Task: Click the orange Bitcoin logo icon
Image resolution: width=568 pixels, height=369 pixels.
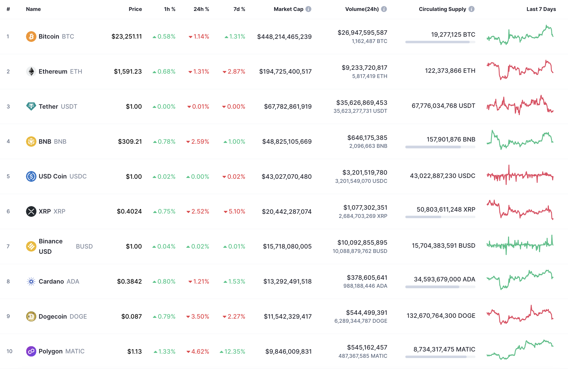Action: (31, 36)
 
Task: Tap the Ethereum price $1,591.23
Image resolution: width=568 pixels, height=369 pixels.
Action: (128, 71)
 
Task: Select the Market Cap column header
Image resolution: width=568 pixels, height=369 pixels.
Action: (288, 9)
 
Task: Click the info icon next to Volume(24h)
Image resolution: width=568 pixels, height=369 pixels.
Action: (384, 9)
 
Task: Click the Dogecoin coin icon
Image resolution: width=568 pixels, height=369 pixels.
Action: (31, 316)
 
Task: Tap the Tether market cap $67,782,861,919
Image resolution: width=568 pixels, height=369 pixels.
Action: (288, 106)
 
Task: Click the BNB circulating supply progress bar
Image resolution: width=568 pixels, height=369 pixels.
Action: (440, 147)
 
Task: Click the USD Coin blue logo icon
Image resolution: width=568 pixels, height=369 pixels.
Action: (31, 176)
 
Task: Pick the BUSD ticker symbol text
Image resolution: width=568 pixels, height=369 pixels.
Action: (84, 246)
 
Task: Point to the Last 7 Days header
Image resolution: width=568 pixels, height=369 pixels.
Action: (541, 9)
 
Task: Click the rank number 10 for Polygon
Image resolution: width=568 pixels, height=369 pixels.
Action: (9, 351)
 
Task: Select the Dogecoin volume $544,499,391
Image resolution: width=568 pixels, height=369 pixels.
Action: (366, 313)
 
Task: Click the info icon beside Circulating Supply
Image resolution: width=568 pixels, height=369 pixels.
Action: (471, 9)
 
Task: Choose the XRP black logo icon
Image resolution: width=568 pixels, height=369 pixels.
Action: (31, 211)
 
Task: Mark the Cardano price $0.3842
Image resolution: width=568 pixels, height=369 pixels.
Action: (129, 281)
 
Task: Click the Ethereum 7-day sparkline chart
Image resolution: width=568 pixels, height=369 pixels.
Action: (520, 70)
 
